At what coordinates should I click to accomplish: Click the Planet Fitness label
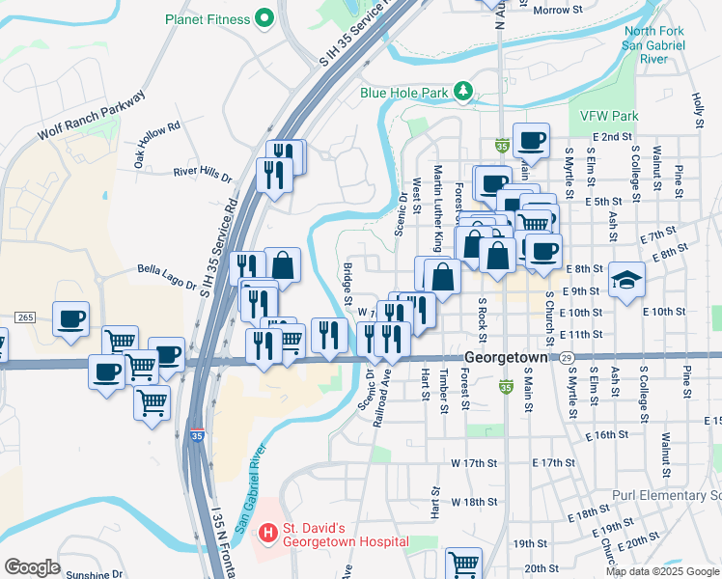(207, 19)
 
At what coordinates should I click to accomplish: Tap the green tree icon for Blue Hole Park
(464, 92)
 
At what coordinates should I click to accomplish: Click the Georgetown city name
(506, 357)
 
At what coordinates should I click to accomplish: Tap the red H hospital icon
(266, 531)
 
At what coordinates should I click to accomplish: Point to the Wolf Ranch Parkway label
(91, 116)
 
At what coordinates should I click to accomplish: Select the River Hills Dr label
(203, 174)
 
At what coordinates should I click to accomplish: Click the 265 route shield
(25, 317)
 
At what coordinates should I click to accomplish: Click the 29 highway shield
(567, 358)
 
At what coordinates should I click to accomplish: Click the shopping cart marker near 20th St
(464, 563)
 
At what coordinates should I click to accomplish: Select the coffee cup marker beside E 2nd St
(531, 140)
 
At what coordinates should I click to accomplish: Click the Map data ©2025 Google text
(662, 571)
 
